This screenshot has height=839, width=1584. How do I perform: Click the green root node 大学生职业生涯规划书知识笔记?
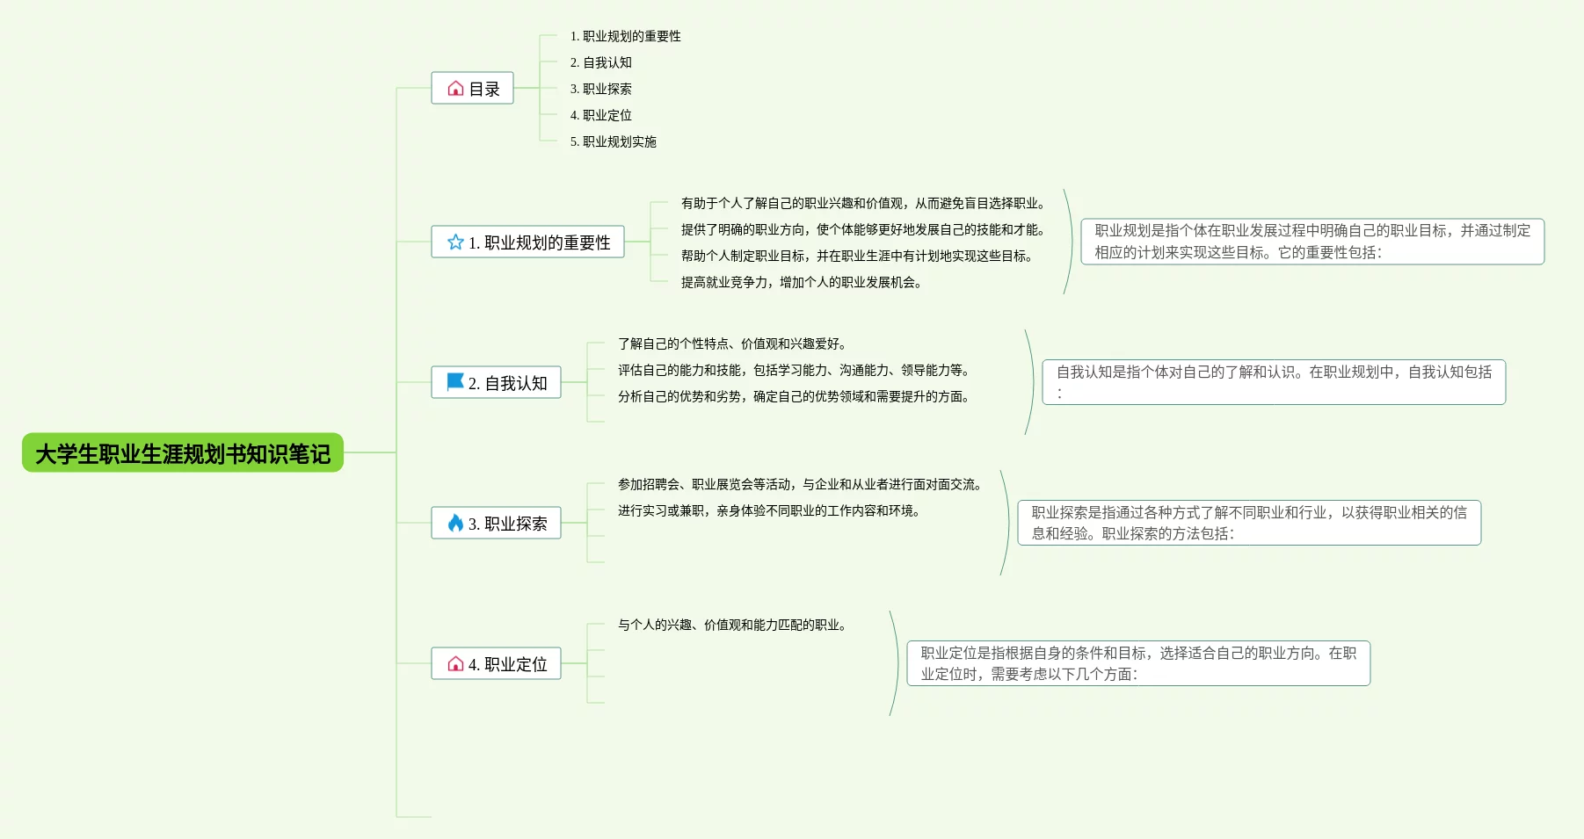click(183, 453)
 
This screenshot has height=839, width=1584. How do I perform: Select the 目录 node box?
click(472, 89)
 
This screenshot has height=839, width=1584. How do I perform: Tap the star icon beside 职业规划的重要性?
click(455, 242)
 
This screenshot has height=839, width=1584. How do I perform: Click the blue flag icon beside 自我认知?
click(455, 382)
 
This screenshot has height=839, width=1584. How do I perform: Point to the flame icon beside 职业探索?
click(455, 523)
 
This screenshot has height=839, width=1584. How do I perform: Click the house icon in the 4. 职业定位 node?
click(455, 664)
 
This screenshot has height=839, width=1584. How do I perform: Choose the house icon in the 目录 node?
click(455, 89)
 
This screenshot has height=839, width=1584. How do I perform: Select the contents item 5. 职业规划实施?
click(614, 141)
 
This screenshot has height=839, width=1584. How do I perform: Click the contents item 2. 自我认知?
click(601, 62)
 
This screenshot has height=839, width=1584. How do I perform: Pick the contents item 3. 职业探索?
click(601, 89)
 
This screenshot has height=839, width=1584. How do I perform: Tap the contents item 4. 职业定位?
click(601, 115)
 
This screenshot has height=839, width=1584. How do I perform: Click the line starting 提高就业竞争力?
click(801, 282)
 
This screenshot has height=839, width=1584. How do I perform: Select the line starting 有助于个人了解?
click(862, 203)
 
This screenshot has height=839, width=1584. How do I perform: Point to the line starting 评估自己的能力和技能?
click(793, 370)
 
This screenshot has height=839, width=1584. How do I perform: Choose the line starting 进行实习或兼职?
click(768, 510)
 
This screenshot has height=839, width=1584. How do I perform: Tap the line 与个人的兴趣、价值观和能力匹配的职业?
click(731, 625)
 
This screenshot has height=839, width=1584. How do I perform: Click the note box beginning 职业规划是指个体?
click(1312, 242)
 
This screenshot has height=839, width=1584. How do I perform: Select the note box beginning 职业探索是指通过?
click(1249, 523)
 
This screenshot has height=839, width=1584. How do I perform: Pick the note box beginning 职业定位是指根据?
click(1138, 663)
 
